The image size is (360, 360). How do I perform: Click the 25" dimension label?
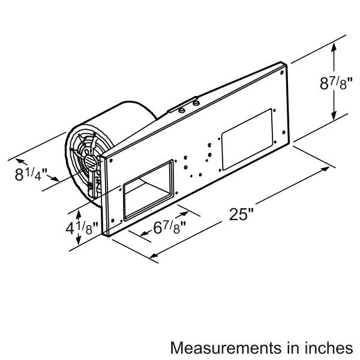point(241,214)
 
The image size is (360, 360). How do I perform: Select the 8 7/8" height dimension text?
point(335,83)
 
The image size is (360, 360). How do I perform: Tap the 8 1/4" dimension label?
point(31,174)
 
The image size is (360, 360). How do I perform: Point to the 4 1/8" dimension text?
point(82,228)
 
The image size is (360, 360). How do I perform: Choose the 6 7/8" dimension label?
point(169,228)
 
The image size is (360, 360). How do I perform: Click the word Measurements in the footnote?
point(226,347)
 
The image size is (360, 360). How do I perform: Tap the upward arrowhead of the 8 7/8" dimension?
point(334,47)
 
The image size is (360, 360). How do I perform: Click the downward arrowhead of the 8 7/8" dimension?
point(334,115)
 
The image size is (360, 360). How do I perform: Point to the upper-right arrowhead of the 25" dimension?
point(326,169)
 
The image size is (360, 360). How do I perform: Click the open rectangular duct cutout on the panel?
point(148,190)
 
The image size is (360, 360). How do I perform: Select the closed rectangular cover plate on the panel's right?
point(247,139)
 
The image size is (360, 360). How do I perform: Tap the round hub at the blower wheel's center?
point(91,163)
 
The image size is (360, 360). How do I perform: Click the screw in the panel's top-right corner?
point(282,73)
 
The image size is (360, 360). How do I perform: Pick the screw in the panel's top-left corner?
point(111,160)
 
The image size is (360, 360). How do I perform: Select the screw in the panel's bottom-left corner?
point(113,221)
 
